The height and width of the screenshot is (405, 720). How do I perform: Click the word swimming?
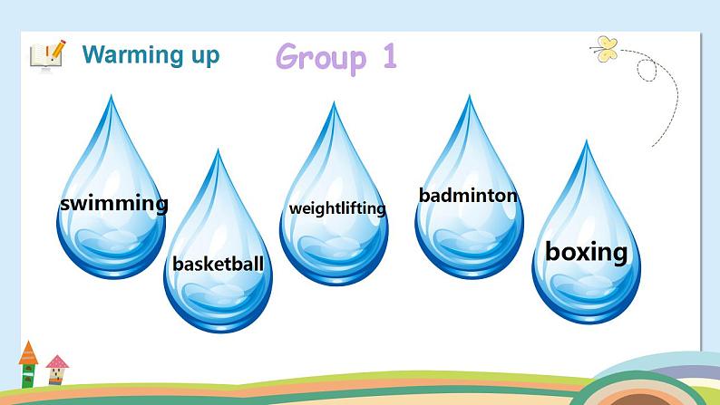click(113, 203)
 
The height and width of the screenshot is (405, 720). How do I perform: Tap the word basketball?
click(218, 265)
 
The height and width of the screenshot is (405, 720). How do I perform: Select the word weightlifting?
click(337, 208)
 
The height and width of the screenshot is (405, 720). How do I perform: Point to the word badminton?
click(468, 195)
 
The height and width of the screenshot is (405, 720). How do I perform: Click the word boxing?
click(586, 251)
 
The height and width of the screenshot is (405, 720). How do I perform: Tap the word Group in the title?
click(321, 57)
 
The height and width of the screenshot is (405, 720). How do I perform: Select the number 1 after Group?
click(388, 56)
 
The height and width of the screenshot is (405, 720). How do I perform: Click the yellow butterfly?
click(603, 47)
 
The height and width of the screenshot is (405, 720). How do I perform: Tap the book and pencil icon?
click(46, 53)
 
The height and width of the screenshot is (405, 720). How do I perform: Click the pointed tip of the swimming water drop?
click(112, 99)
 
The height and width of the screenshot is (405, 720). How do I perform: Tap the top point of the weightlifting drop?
click(334, 105)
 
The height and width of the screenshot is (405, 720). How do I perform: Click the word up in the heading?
click(203, 55)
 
